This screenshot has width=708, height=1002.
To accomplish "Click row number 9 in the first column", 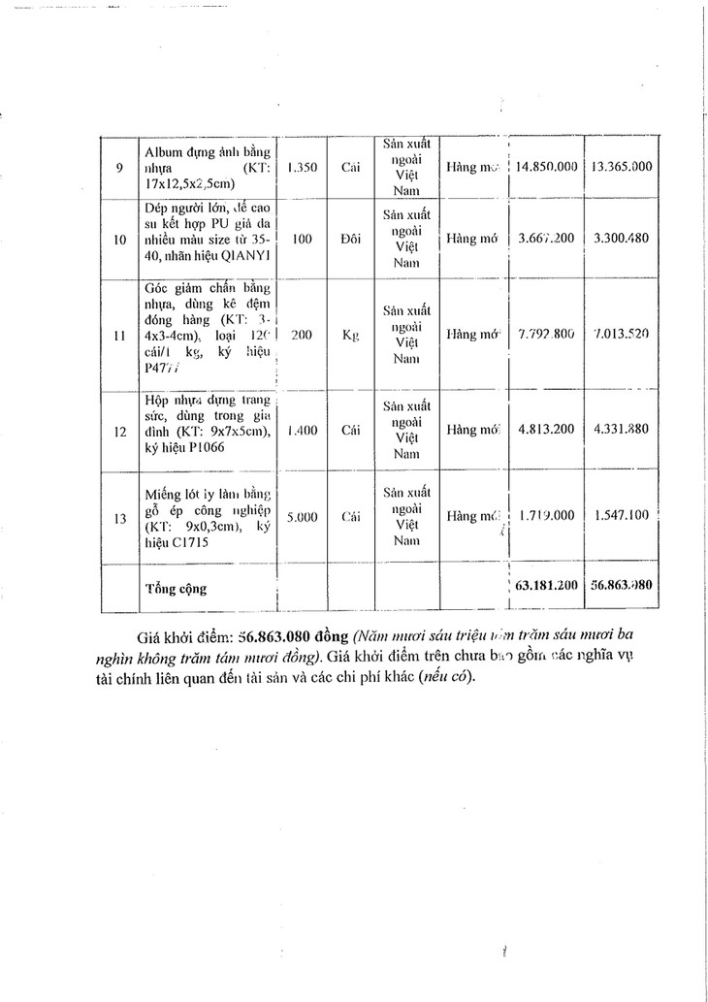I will [x=119, y=167].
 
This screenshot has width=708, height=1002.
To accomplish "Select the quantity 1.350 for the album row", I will [x=303, y=167].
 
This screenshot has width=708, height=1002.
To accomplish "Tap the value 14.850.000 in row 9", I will [x=547, y=167].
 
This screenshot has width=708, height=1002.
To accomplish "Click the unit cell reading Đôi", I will [x=351, y=238].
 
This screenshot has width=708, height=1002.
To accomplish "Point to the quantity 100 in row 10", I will [x=302, y=238].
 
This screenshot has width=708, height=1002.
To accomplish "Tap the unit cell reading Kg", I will [x=351, y=335].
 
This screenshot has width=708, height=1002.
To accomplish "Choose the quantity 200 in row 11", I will [x=302, y=335].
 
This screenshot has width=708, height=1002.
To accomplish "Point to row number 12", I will [x=119, y=433].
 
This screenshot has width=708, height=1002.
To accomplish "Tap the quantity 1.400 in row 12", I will [x=303, y=433].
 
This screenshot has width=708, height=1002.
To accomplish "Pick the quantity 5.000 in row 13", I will [x=303, y=517].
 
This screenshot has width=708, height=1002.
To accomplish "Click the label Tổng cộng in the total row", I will [x=176, y=588].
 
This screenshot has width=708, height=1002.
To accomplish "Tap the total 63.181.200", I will [x=547, y=586].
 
